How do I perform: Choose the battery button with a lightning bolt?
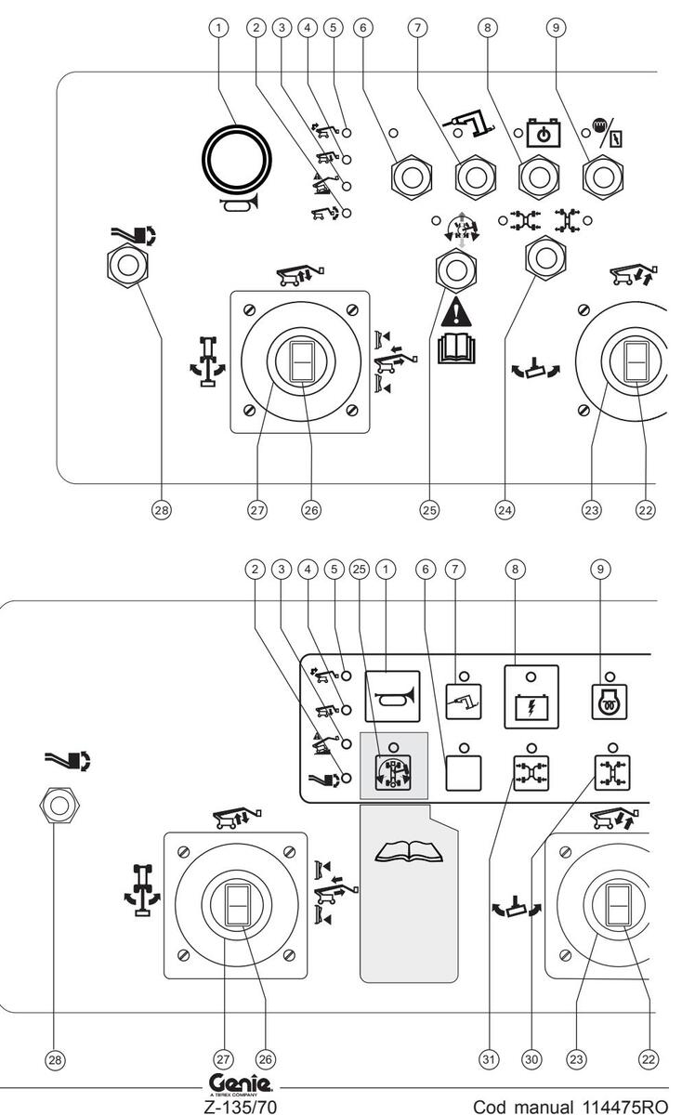(531, 692)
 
